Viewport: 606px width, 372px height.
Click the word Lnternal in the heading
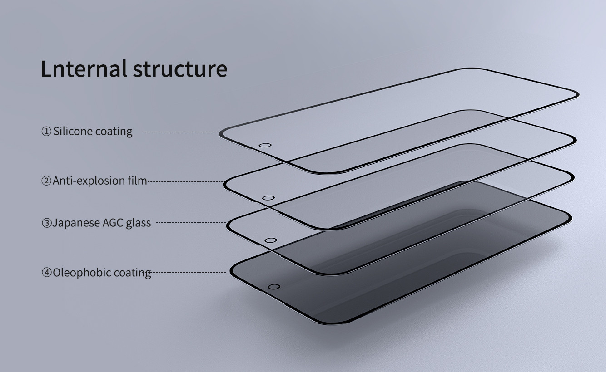pos(84,69)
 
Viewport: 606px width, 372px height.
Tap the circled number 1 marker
pos(46,132)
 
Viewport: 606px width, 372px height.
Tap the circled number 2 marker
pos(46,181)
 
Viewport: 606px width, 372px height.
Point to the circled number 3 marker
pos(46,223)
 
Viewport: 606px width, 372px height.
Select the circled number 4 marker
pos(46,273)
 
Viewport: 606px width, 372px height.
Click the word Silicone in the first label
pos(73,132)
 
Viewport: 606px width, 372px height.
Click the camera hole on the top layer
pos(265,146)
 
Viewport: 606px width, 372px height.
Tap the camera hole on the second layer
pos(268,198)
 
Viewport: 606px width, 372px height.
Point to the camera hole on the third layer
pos(270,240)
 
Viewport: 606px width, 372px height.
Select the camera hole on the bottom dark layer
pos(274,287)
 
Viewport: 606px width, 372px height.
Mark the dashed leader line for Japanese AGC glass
pos(191,223)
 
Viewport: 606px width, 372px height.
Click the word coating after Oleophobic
pos(132,273)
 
